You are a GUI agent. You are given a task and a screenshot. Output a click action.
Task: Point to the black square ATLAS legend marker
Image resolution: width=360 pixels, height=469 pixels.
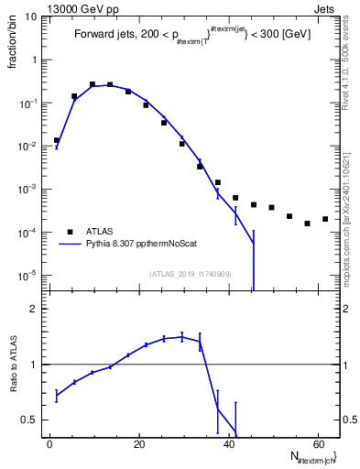(69, 232)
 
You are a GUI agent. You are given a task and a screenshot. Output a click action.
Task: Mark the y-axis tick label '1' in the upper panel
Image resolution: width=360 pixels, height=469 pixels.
(34, 60)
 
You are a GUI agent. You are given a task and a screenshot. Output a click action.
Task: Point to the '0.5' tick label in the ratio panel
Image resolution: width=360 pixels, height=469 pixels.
(28, 420)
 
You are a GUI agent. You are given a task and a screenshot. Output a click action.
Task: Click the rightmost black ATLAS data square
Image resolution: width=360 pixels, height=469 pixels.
(325, 219)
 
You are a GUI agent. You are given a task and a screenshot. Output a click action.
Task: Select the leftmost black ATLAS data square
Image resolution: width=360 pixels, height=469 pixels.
(56, 140)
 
